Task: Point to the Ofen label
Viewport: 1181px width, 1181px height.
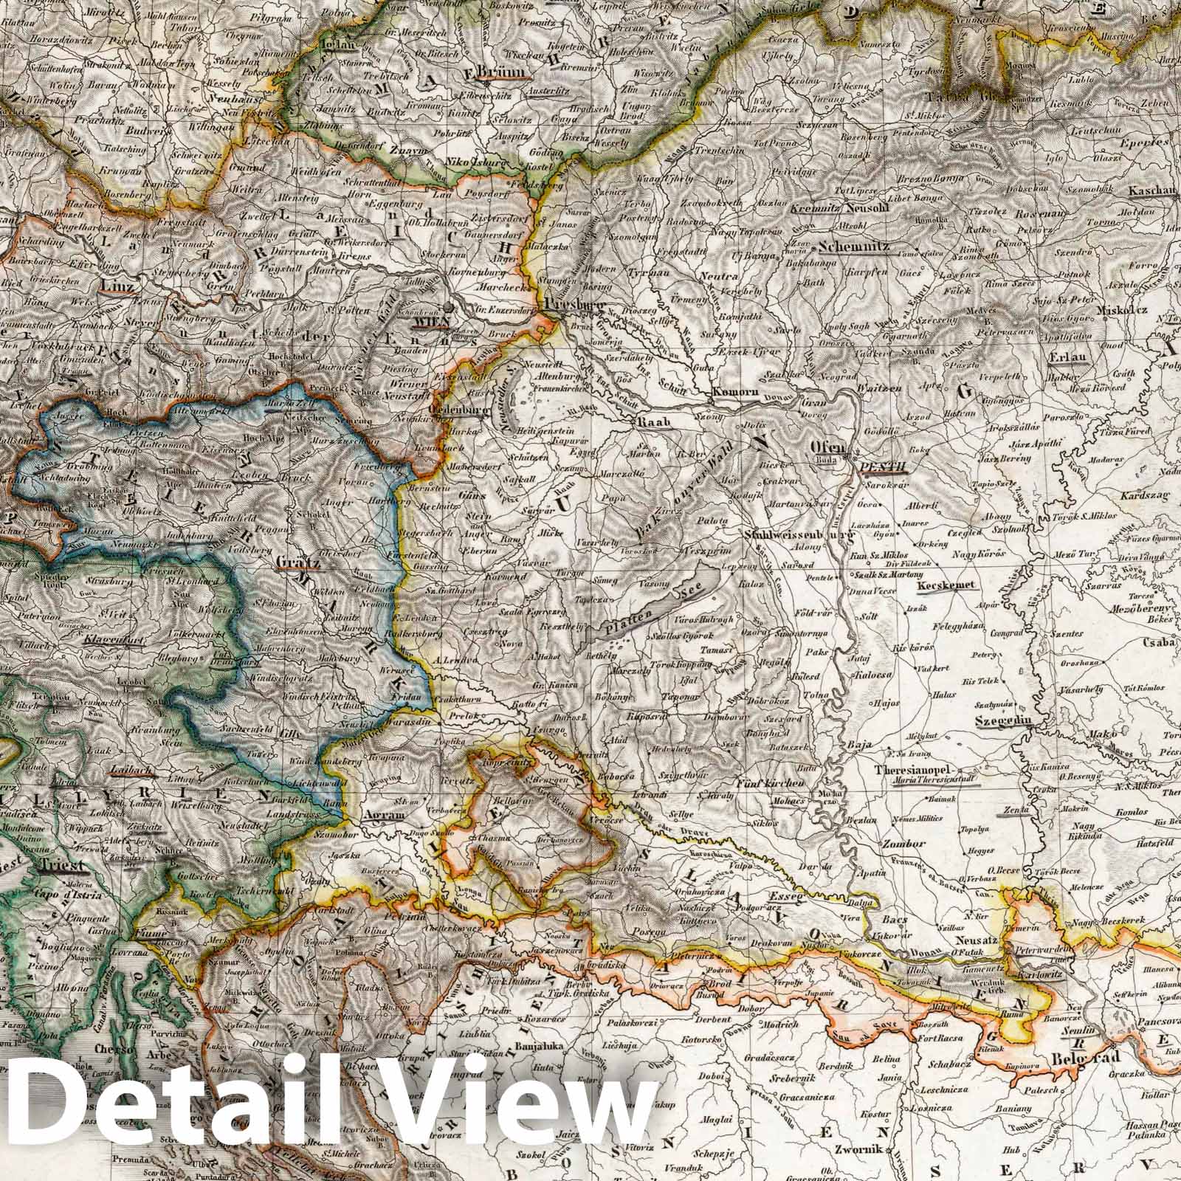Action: [x=826, y=447]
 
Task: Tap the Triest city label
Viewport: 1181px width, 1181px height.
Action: [x=66, y=867]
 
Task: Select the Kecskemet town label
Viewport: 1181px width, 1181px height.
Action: [x=946, y=586]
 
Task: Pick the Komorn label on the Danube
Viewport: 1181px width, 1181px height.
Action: [x=734, y=393]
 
